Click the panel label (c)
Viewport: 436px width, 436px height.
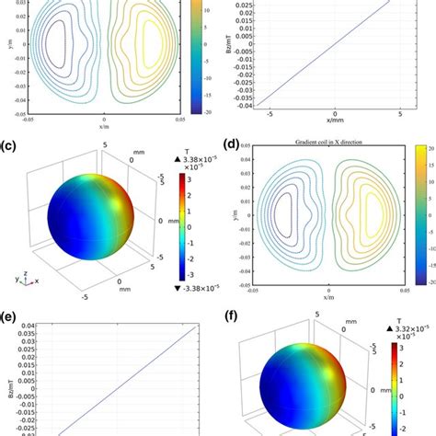pyautogui.click(x=11, y=145)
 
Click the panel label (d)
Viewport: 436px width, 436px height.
pyautogui.click(x=231, y=144)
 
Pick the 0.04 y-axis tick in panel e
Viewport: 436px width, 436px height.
pyautogui.click(x=29, y=324)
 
